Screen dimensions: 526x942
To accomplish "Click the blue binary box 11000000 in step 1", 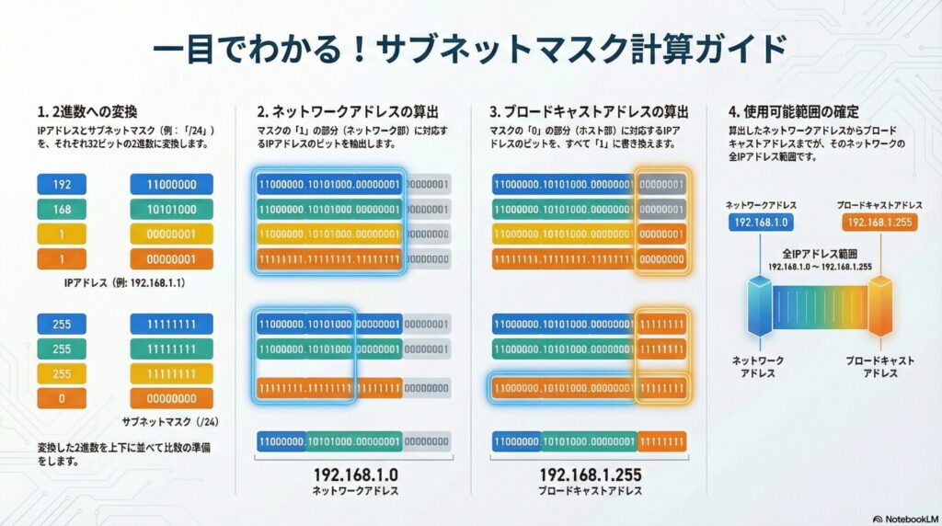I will point(171,184).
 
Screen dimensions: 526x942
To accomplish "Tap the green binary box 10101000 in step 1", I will point(171,209).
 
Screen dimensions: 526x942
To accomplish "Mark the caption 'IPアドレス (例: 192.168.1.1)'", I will point(125,283).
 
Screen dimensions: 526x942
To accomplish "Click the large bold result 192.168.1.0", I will point(353,475).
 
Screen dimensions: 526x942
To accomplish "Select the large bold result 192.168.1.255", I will point(590,475).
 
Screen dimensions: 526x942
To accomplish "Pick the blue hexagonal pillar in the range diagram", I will point(760,305).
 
